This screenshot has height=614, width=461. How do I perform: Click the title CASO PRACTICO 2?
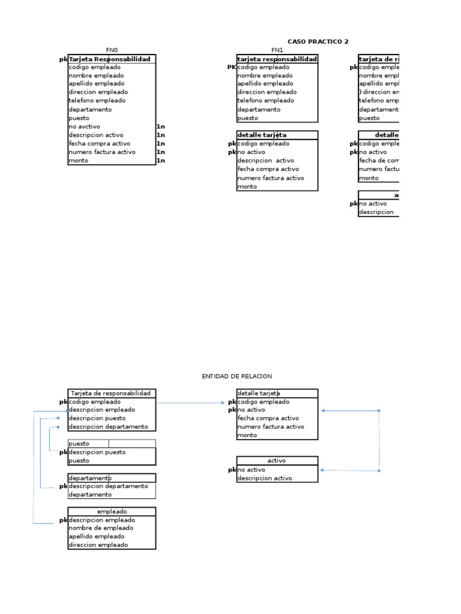[318, 41]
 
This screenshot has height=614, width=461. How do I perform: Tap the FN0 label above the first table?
[112, 50]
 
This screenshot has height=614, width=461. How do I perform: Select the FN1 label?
[277, 50]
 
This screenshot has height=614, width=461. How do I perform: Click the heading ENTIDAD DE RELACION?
[237, 376]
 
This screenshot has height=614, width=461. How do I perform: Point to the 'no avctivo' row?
[85, 127]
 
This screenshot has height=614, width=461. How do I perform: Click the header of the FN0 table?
[112, 59]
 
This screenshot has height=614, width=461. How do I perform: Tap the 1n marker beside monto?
[160, 161]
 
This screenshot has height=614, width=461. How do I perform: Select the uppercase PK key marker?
[232, 67]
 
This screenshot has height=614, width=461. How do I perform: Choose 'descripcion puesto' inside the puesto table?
[97, 452]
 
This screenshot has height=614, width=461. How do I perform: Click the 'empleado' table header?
[112, 511]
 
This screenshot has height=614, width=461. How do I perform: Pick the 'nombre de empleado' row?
[97, 528]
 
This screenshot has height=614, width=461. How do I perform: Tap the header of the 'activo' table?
[277, 461]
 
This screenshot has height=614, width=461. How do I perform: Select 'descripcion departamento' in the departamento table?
[108, 486]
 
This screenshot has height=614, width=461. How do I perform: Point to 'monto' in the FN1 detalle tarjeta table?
[247, 186]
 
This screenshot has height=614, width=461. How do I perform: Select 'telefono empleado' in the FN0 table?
[97, 101]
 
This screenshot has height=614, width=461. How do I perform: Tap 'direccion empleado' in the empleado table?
[98, 545]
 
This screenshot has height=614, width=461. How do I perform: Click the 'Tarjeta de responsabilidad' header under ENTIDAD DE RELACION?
[112, 393]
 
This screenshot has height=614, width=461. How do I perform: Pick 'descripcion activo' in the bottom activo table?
[265, 478]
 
